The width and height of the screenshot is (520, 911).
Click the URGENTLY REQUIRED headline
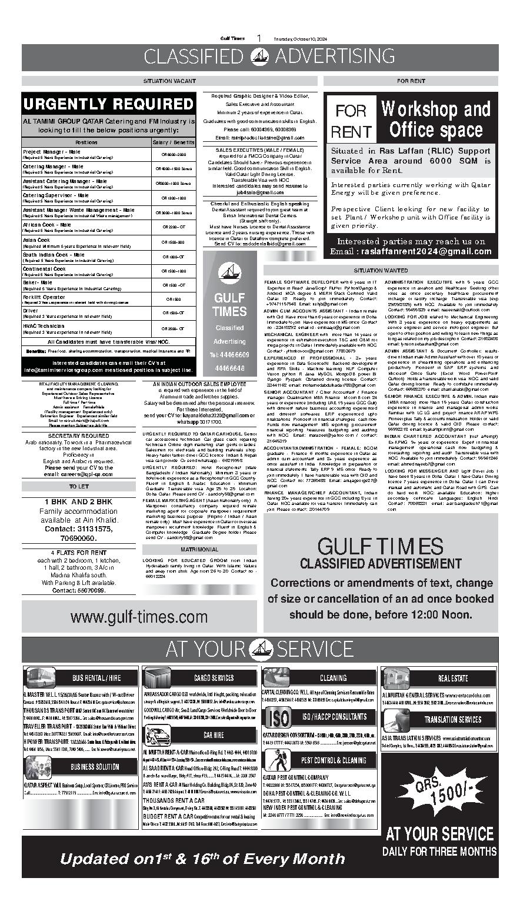point(108,104)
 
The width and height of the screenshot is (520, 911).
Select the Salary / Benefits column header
point(174,142)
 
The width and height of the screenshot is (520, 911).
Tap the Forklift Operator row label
point(44,297)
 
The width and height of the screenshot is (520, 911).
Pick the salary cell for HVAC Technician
point(174,328)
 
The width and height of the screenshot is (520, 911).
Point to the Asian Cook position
point(36,240)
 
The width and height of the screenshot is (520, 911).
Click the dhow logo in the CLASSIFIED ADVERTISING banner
point(259,56)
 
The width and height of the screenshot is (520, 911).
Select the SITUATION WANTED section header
point(381,271)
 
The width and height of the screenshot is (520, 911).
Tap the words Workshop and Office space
point(436,119)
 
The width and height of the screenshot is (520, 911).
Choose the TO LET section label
point(79,487)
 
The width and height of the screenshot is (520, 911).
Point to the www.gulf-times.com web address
point(139,617)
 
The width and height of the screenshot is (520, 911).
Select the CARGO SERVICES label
point(214,678)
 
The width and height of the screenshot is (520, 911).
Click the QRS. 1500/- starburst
point(440,796)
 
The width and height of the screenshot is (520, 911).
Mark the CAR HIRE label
point(214,735)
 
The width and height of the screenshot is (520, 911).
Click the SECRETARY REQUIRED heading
point(79,436)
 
